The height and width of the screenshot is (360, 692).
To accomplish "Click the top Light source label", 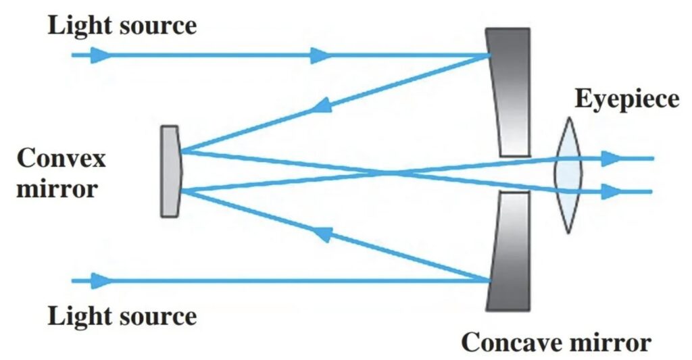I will (122, 26).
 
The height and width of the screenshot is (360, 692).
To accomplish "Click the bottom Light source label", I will (122, 316).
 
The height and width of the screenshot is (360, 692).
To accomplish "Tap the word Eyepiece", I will (626, 100).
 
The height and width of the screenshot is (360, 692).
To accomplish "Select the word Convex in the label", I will (61, 159).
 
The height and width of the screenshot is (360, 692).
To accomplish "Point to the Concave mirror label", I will (555, 343).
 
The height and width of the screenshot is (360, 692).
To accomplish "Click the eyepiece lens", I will (568, 174).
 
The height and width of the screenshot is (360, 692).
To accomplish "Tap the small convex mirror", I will (170, 172).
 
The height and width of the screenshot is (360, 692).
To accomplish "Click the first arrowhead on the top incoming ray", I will (100, 55).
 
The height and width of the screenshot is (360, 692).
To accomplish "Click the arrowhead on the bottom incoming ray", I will (100, 280).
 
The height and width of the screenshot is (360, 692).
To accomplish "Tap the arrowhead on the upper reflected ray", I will (323, 105).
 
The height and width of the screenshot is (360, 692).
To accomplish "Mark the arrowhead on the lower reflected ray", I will (323, 234).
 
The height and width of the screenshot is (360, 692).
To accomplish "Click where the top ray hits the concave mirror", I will (490, 55).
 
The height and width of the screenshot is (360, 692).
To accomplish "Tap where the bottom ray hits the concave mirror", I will (490, 280).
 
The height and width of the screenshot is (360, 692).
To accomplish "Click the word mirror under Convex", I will (55, 187).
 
